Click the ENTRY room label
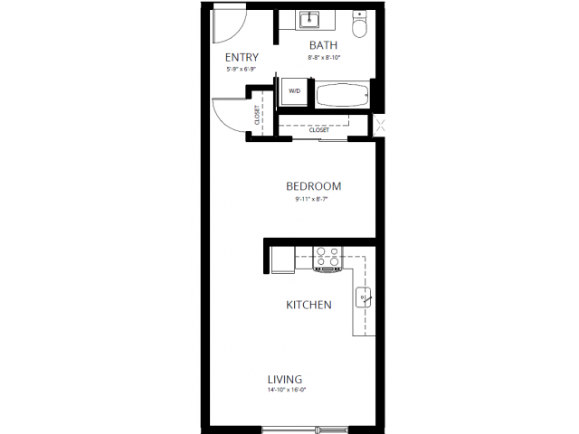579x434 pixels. pyautogui.click(x=242, y=58)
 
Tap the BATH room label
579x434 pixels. pyautogui.click(x=324, y=45)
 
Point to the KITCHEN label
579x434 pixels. pyautogui.click(x=308, y=305)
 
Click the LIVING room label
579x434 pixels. pyautogui.click(x=284, y=379)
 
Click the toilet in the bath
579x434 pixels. pyautogui.click(x=359, y=24)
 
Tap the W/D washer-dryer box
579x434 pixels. pyautogui.click(x=295, y=92)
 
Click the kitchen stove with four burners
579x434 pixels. pyautogui.click(x=327, y=259)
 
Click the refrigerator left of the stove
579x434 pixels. pyautogui.click(x=282, y=259)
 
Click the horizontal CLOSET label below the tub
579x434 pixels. pyautogui.click(x=319, y=130)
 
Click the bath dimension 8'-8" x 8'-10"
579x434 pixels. pyautogui.click(x=324, y=57)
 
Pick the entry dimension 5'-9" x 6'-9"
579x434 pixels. pyautogui.click(x=242, y=70)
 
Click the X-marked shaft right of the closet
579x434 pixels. pyautogui.click(x=379, y=126)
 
